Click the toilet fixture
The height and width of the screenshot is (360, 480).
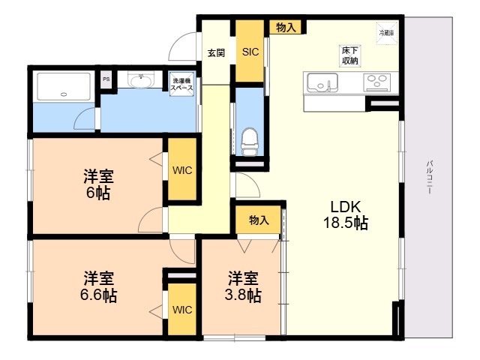(x=250, y=140)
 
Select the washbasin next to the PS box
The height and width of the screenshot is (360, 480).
(x=139, y=81)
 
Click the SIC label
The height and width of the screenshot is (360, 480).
(x=250, y=52)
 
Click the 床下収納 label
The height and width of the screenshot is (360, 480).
(x=349, y=56)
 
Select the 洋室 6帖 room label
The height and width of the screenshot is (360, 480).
(x=97, y=185)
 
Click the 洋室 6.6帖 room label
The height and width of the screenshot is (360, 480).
(x=99, y=286)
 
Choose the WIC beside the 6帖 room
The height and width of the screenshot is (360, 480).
(x=182, y=170)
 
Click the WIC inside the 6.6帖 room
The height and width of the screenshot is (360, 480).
(x=182, y=309)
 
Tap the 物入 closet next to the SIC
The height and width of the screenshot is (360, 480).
(x=286, y=28)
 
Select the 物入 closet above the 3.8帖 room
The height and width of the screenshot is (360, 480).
(x=259, y=220)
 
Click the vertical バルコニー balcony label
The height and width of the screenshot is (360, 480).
(x=430, y=177)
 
